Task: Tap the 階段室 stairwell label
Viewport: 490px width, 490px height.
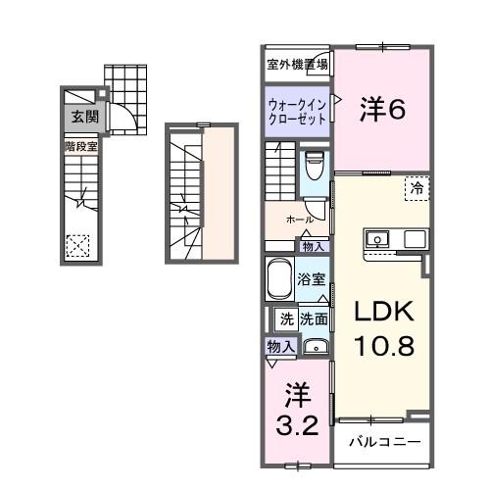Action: (x=81, y=146)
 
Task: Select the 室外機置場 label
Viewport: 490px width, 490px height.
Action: (x=297, y=65)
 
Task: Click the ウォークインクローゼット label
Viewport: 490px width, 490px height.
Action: (x=298, y=109)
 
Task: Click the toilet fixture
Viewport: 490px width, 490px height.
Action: (x=316, y=167)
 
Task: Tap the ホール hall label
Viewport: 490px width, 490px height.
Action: (x=299, y=220)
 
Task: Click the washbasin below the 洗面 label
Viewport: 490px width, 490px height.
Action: (x=315, y=347)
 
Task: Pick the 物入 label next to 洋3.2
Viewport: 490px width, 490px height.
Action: (x=280, y=346)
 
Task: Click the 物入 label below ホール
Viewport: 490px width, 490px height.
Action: (x=314, y=246)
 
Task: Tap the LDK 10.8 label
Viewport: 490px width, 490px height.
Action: (x=378, y=328)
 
